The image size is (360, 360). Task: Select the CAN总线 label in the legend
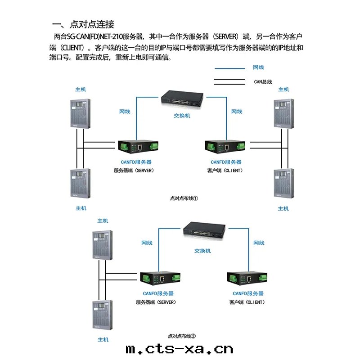(x=263, y=82)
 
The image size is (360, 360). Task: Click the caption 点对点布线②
(x=181, y=336)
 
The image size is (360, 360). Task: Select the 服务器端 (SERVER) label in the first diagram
(x=134, y=171)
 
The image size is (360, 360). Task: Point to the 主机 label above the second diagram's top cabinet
(x=103, y=221)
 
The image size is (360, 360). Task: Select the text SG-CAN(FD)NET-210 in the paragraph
(x=95, y=36)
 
